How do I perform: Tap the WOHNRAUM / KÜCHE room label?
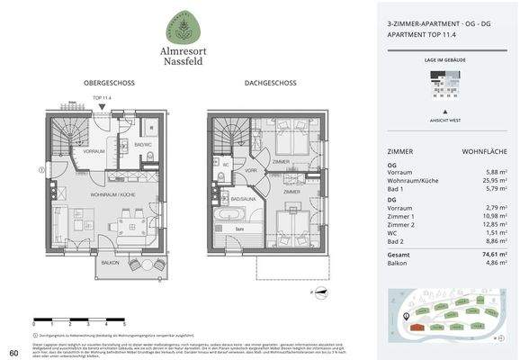(112, 194)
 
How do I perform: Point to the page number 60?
(13, 351)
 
